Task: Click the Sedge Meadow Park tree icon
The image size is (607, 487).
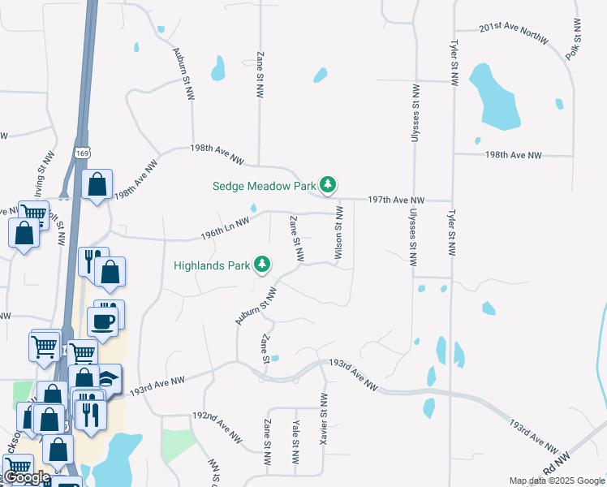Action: click(327, 186)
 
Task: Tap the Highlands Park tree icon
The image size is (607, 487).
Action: click(262, 265)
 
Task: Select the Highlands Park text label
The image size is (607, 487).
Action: click(211, 265)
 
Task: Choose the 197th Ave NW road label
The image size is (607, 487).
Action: click(396, 200)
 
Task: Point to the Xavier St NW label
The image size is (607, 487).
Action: click(324, 417)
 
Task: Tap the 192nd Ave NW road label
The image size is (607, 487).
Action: click(217, 425)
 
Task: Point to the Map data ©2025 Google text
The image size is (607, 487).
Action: click(556, 481)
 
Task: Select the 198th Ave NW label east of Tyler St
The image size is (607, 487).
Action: click(513, 154)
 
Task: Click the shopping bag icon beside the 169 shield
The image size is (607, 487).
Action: click(97, 185)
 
